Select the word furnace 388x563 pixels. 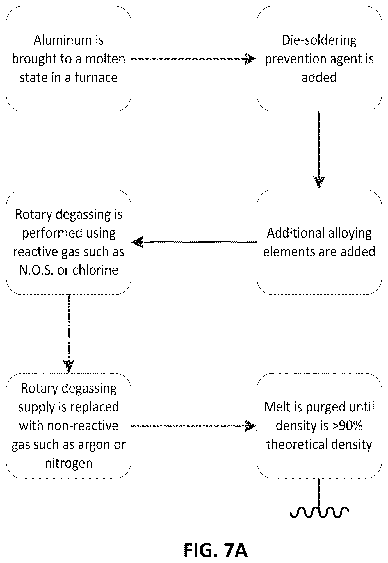coord(96,77)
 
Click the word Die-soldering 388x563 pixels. coord(319,41)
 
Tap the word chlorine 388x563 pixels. coord(95,270)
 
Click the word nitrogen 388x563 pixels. coord(69,463)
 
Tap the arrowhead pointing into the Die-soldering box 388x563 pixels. coord(251,59)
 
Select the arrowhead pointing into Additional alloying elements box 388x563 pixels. coord(319,183)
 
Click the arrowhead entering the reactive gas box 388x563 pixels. coord(138,242)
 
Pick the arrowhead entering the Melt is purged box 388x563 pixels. coord(251,425)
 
